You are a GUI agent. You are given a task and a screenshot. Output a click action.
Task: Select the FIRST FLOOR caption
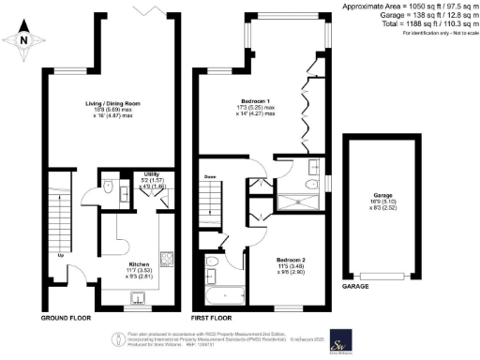[215, 307]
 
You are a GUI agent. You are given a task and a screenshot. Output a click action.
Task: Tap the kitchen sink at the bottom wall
[140, 298]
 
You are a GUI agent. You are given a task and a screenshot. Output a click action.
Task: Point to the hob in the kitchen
[165, 256]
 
